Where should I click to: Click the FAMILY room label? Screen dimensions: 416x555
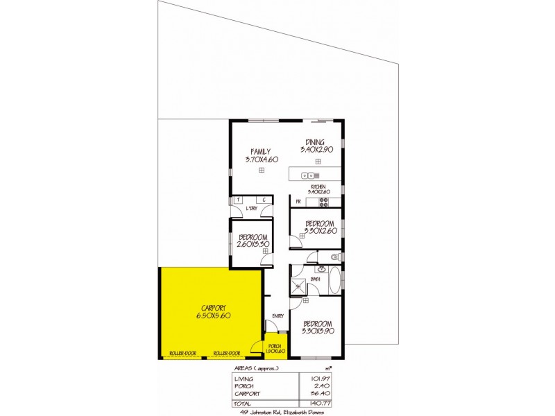pyautogui.click(x=261, y=152)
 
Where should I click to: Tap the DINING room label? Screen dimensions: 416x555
pyautogui.click(x=314, y=141)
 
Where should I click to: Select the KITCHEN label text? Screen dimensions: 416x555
pyautogui.click(x=318, y=187)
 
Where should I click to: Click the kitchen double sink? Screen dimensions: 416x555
pyautogui.click(x=309, y=174)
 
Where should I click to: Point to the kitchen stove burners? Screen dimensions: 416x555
pyautogui.click(x=323, y=202)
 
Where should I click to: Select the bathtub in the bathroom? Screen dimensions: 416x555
pyautogui.click(x=334, y=280)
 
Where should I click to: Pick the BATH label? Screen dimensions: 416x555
pyautogui.click(x=315, y=279)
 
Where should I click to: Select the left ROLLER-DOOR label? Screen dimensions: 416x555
pyautogui.click(x=182, y=354)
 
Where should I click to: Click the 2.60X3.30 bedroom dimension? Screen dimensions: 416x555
pyautogui.click(x=253, y=245)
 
